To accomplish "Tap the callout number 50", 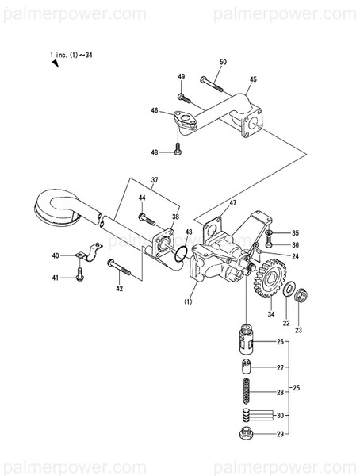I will pos(222,62).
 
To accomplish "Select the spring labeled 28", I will pos(247,391).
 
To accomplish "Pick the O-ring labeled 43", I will pos(181,254).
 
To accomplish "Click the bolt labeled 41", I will pos(80,275).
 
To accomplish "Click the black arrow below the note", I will pos(56,65).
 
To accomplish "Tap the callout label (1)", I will pos(189,301).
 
